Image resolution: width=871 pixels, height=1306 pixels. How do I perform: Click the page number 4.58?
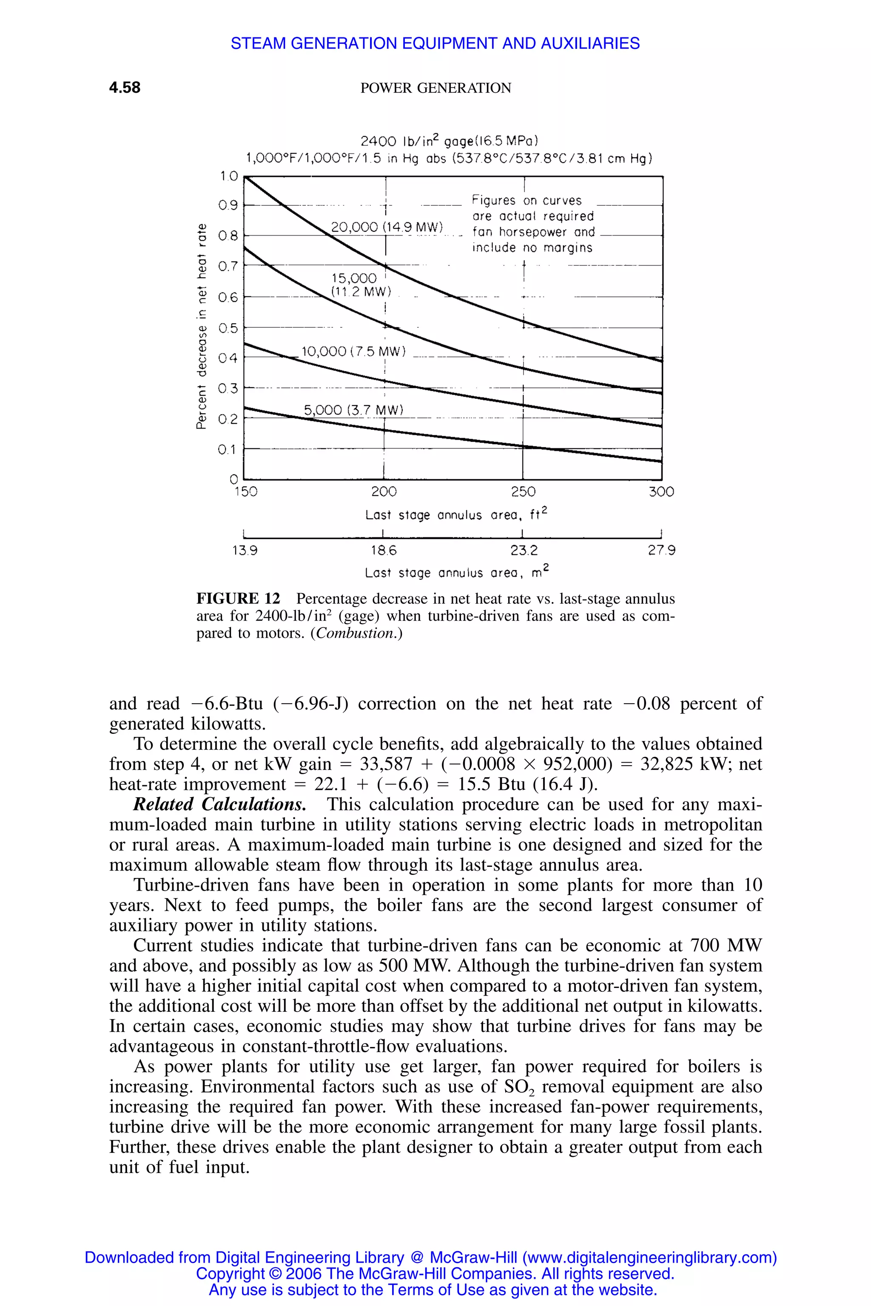click(125, 88)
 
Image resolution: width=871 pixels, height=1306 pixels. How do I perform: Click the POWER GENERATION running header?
click(435, 88)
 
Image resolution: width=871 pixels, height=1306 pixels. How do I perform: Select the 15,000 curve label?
click(354, 278)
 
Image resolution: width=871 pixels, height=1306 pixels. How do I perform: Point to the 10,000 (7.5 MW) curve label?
click(353, 352)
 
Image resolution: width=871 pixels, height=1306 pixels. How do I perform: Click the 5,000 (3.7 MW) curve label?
click(353, 410)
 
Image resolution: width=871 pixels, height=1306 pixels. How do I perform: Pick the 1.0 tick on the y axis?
click(228, 176)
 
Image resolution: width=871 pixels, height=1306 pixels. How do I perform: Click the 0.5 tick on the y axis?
click(228, 328)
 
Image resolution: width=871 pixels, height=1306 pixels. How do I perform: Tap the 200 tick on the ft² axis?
click(384, 492)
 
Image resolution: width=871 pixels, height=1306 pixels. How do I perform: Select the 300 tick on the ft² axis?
click(661, 492)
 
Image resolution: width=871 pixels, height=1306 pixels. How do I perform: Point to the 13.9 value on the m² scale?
click(245, 551)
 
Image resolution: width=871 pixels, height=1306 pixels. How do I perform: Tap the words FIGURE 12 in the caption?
click(238, 599)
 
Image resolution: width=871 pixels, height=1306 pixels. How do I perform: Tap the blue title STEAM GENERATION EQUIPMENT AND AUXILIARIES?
click(435, 43)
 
